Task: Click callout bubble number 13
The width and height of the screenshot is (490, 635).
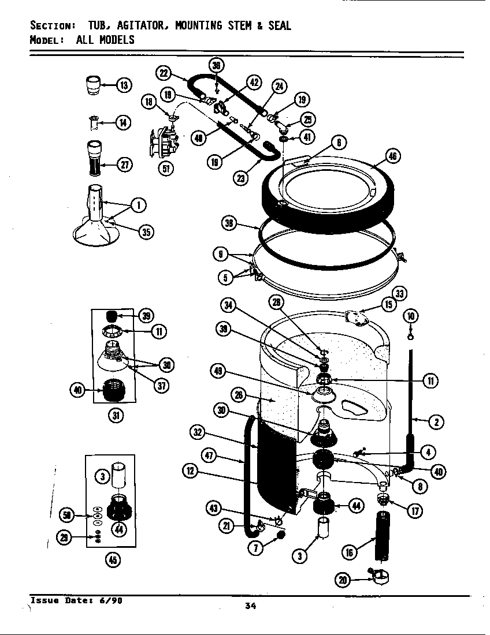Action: (x=124, y=86)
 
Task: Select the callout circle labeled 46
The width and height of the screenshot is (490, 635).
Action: (x=393, y=156)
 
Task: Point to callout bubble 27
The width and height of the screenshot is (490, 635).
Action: (x=124, y=165)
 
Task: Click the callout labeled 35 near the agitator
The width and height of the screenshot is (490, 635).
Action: (x=147, y=231)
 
